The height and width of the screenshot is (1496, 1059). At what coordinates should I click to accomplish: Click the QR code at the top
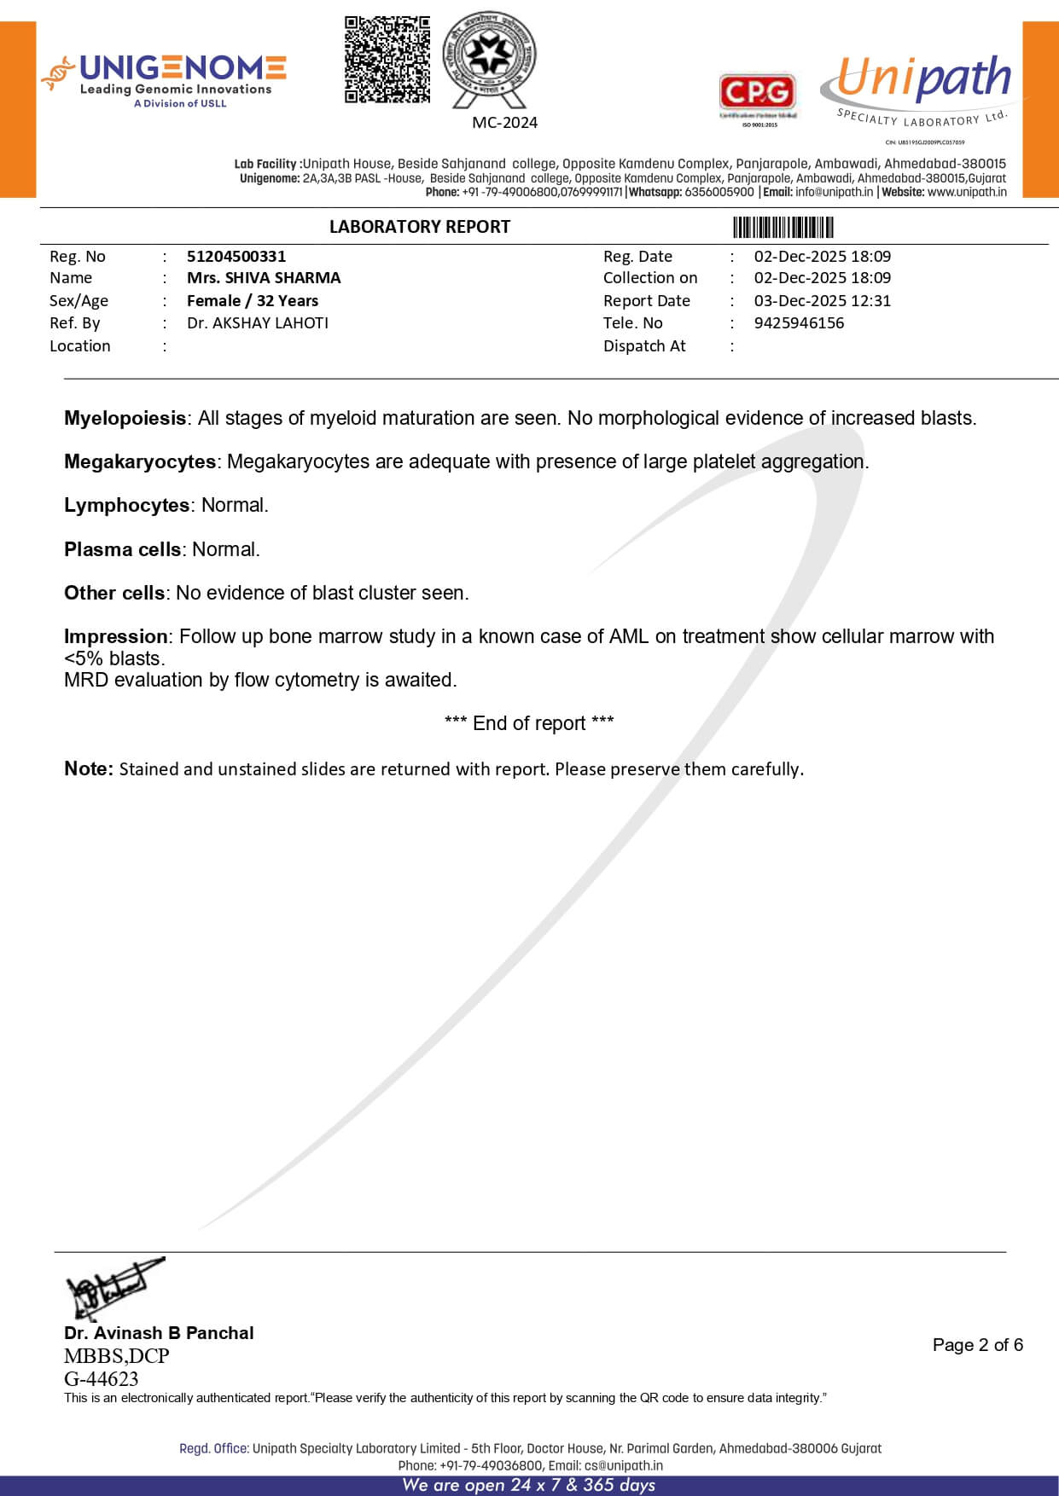point(387,60)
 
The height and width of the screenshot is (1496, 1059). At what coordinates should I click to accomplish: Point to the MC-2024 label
point(504,123)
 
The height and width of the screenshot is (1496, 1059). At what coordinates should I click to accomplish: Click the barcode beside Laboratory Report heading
point(783,228)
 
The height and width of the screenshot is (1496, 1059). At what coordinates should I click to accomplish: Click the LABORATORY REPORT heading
point(420,227)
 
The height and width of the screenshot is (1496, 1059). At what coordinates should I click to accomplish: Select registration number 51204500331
point(236,257)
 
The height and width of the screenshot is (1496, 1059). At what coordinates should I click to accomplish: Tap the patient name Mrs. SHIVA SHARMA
point(264,278)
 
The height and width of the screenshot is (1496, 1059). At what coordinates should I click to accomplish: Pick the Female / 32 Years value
point(253,301)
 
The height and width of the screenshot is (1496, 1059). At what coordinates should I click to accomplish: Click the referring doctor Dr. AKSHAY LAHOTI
point(258,323)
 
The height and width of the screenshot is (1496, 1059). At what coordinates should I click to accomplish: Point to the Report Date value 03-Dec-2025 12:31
point(822,301)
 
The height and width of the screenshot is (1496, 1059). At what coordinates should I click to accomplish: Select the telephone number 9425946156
point(799,323)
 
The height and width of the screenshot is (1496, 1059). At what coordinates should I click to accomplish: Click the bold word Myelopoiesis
point(125,419)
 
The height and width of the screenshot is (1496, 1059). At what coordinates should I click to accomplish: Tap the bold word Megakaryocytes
point(140,462)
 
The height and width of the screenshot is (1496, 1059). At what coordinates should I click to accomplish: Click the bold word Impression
point(116,637)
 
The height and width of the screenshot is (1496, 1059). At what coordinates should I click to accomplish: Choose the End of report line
point(529,724)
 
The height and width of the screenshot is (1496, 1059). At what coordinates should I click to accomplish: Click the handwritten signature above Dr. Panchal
point(114,1289)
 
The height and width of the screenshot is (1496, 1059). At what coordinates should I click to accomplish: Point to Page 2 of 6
point(977,1345)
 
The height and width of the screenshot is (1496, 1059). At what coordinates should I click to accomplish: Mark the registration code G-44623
point(102,1379)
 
